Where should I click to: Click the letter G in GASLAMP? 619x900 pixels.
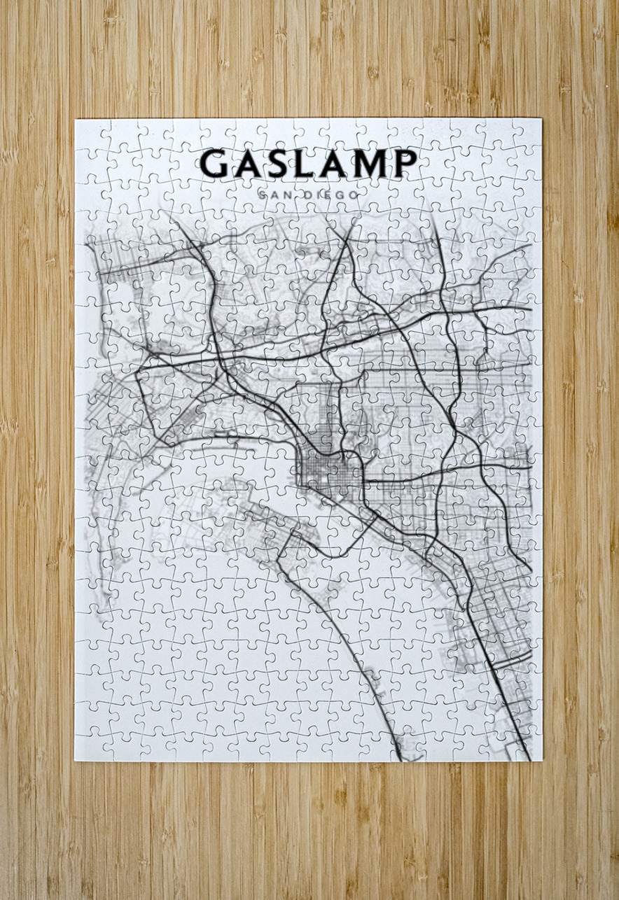[214, 164]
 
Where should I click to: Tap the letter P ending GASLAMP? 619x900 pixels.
[404, 164]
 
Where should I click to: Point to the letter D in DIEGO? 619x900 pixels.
[310, 195]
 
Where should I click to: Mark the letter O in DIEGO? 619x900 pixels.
[354, 195]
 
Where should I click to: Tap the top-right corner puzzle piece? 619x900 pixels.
[527, 133]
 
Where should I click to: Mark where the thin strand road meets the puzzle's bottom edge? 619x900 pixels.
[399, 757]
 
